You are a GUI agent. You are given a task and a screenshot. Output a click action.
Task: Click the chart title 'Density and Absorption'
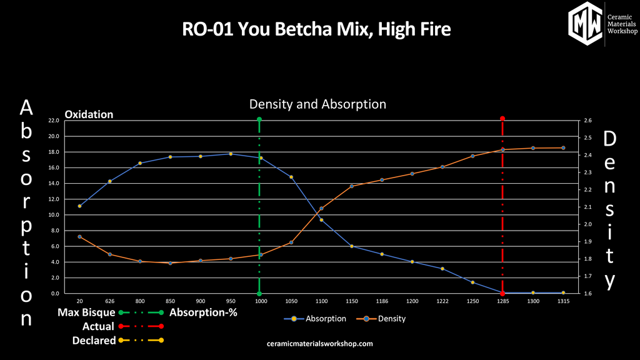click(317, 104)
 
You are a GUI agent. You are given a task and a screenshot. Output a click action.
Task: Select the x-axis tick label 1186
click(382, 301)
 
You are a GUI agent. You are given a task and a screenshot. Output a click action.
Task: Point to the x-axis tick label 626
click(109, 301)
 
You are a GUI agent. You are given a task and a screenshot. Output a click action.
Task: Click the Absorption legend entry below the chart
click(316, 319)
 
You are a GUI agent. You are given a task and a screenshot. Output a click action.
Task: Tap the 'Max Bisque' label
click(86, 312)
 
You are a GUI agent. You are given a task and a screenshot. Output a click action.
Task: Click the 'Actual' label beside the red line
click(98, 326)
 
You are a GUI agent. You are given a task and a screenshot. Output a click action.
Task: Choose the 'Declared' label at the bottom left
click(94, 341)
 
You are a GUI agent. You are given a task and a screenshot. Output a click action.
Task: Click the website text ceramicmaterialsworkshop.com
click(319, 344)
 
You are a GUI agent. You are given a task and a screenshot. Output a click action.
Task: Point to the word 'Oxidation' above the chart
click(89, 115)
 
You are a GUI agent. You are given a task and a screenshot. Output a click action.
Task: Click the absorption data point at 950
click(231, 154)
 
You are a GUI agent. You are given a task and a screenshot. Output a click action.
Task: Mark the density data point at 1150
click(352, 186)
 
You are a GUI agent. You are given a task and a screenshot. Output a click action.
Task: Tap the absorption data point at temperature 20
click(79, 206)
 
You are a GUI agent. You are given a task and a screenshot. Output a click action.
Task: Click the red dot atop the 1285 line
click(502, 119)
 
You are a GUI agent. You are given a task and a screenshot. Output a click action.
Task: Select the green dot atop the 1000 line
click(259, 119)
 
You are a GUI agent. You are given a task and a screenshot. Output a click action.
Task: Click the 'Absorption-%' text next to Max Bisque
click(203, 312)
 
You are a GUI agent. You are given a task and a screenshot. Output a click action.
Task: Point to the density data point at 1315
click(563, 148)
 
